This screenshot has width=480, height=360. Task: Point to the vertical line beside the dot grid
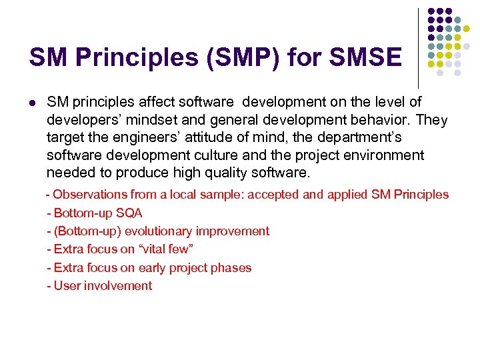418,47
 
